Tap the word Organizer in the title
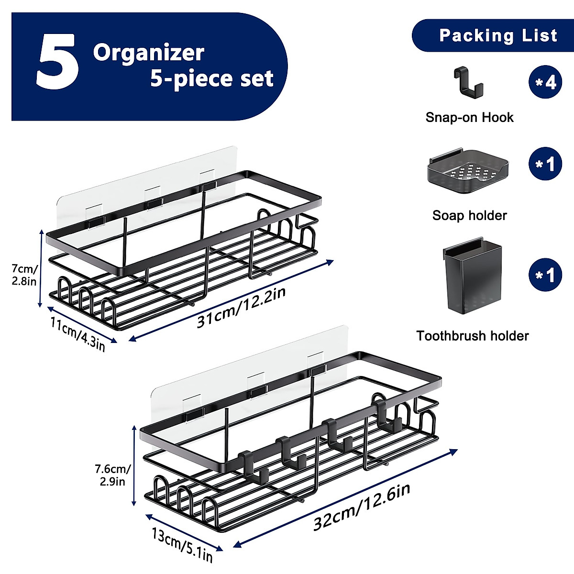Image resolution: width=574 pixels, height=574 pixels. click(x=149, y=53)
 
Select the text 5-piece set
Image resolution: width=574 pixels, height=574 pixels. click(x=212, y=78)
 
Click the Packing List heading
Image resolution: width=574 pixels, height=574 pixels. click(x=498, y=35)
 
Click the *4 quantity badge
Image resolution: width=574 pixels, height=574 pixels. click(x=545, y=82)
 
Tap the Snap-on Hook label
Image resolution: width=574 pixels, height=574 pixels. click(x=469, y=118)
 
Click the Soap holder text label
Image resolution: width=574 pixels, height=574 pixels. click(x=469, y=215)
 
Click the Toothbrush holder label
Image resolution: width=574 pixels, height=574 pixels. click(x=472, y=336)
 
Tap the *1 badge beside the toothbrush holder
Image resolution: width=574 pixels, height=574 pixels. click(x=545, y=276)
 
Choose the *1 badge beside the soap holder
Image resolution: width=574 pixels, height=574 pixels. click(x=545, y=164)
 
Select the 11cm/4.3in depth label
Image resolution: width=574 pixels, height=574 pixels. click(x=77, y=333)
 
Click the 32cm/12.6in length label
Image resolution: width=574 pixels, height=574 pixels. click(x=362, y=507)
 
